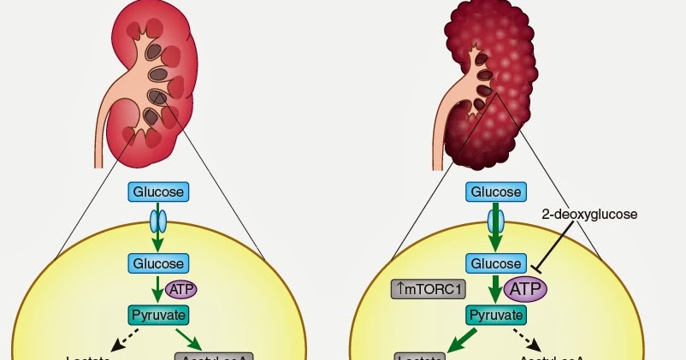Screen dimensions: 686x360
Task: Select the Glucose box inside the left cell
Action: coord(158,263)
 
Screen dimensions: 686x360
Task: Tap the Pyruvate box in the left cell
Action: coord(158,314)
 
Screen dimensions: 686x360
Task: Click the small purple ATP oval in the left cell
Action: coord(180,289)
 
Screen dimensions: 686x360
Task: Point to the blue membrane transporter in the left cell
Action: coord(158,221)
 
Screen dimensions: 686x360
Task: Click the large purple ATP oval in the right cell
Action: coord(526,289)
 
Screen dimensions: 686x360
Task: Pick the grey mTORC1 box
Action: coord(429,289)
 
